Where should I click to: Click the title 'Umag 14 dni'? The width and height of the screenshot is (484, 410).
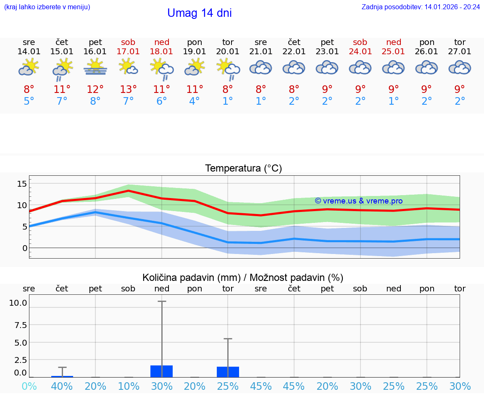[x=199, y=13]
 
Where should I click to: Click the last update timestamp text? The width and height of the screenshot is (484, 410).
[x=421, y=7]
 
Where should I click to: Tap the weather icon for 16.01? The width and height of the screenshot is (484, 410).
[x=95, y=67]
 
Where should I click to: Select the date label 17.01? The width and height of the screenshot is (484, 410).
[x=128, y=51]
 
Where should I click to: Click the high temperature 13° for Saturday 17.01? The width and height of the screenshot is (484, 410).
[x=128, y=89]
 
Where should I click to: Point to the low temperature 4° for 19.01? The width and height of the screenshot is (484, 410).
[x=195, y=101]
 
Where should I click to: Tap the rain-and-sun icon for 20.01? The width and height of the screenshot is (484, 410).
[x=228, y=69]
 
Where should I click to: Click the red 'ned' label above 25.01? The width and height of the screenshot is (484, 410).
[x=394, y=42]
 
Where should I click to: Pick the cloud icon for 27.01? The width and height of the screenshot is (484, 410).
[x=460, y=67]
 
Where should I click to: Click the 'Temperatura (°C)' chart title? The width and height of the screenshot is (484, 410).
[x=243, y=169]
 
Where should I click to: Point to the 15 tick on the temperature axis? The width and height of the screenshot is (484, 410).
[x=22, y=183]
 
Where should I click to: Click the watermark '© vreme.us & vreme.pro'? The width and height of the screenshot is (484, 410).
[x=358, y=201]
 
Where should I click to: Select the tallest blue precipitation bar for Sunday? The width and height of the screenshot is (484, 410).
[x=162, y=371]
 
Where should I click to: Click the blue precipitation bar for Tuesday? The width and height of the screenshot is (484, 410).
[x=228, y=372]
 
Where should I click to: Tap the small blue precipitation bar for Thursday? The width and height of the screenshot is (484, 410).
[x=62, y=376]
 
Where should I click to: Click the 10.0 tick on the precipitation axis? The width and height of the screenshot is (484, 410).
[x=18, y=303]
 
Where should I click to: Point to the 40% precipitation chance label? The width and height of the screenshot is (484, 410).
[x=62, y=386]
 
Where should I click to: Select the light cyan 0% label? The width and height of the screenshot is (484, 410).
[x=29, y=386]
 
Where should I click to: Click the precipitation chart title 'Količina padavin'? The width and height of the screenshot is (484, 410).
[x=243, y=278]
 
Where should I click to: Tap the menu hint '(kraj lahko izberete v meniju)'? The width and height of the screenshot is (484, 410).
[x=47, y=7]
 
